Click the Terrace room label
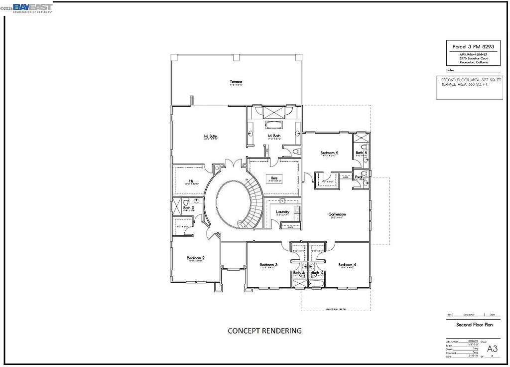click(x=236, y=82)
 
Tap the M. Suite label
click(x=210, y=136)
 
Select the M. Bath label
click(x=274, y=136)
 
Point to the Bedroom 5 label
click(x=329, y=153)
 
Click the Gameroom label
click(x=337, y=214)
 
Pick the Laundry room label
click(x=282, y=212)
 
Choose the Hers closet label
click(x=274, y=178)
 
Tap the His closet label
click(x=191, y=181)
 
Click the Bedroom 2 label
click(x=196, y=258)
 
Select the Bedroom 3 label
click(x=268, y=265)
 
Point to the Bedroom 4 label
click(x=347, y=265)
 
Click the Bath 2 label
click(x=188, y=208)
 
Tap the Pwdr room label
click(x=359, y=177)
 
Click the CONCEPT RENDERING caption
click(x=264, y=331)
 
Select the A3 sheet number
click(x=492, y=348)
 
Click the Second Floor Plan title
click(x=474, y=325)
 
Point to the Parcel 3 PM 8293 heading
click(x=467, y=46)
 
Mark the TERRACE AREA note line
click(x=465, y=84)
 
